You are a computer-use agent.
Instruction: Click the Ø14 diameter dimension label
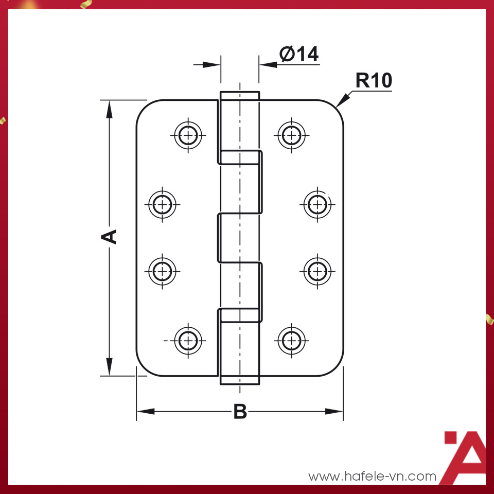(x=299, y=54)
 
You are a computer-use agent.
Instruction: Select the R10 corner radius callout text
(x=374, y=81)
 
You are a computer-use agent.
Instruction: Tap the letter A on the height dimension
(x=109, y=237)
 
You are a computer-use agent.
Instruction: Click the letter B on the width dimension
(x=240, y=412)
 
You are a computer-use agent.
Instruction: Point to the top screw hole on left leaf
(x=189, y=135)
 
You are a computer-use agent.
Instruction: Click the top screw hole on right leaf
(x=292, y=135)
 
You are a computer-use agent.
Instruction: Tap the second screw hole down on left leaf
(x=163, y=204)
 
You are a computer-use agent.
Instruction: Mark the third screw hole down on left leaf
(x=163, y=270)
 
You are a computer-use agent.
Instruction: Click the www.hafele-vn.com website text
(x=372, y=477)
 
